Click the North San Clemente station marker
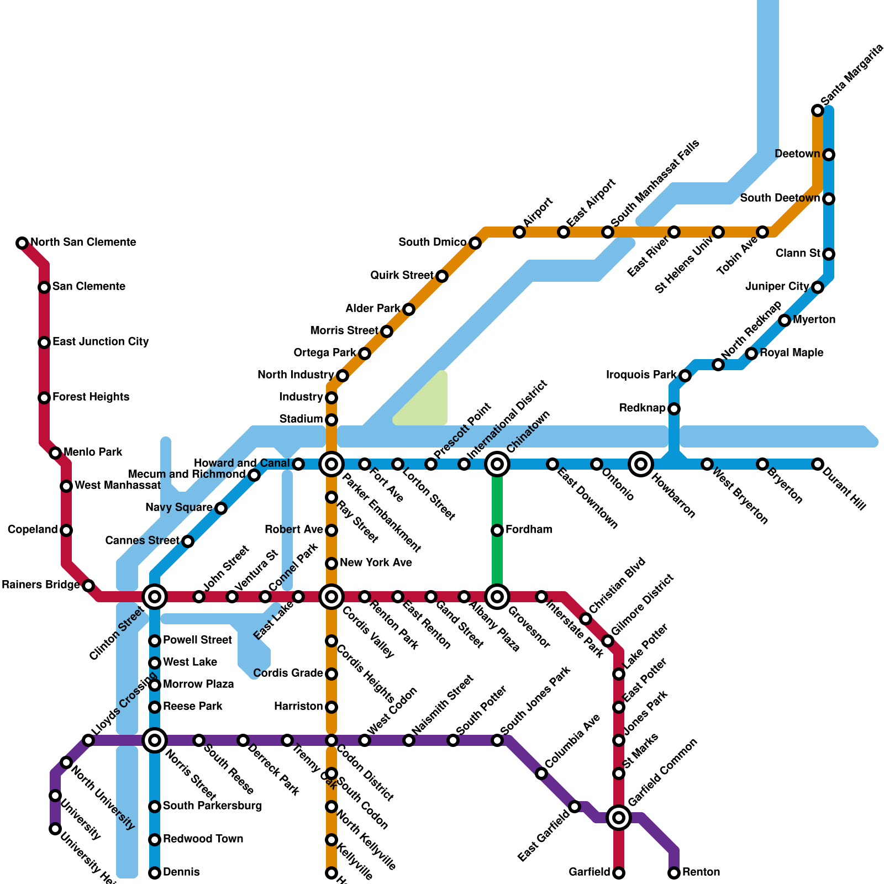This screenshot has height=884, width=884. (22, 243)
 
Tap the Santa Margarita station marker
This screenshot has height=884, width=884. (818, 110)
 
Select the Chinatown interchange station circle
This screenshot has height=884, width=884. (497, 464)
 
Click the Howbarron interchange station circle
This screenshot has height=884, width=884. (641, 464)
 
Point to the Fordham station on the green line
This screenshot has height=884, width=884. (497, 530)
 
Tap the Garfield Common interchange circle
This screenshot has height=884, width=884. (619, 818)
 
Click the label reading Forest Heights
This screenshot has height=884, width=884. (91, 397)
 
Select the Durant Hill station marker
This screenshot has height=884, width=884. (818, 464)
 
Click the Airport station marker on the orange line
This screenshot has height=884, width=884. (519, 232)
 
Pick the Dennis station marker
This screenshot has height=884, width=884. (155, 873)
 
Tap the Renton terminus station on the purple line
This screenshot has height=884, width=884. (674, 873)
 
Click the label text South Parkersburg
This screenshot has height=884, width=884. (212, 806)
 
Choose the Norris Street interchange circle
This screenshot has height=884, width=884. (155, 740)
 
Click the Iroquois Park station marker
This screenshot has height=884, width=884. (685, 376)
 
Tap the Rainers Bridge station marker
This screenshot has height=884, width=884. (88, 586)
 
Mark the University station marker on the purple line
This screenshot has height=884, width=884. (55, 796)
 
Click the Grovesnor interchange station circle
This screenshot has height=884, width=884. (497, 597)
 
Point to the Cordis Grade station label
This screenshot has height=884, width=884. (288, 673)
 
